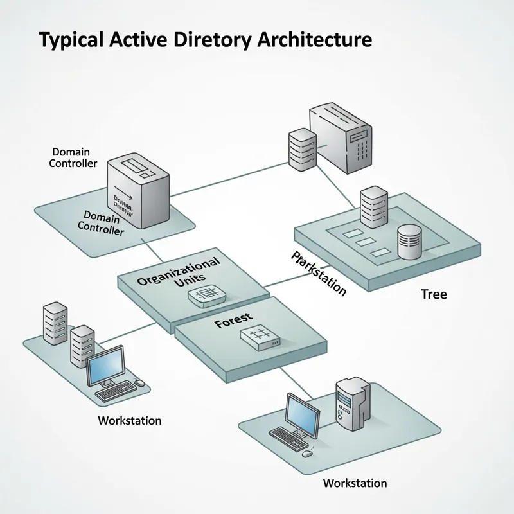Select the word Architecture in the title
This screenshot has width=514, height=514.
(314, 40)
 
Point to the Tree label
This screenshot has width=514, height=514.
(434, 294)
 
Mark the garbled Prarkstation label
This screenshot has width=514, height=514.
(319, 273)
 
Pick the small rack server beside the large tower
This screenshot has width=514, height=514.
(301, 149)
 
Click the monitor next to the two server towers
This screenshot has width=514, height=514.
(105, 366)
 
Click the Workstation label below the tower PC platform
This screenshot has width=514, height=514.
(355, 483)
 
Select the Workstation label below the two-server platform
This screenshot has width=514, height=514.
(129, 421)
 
